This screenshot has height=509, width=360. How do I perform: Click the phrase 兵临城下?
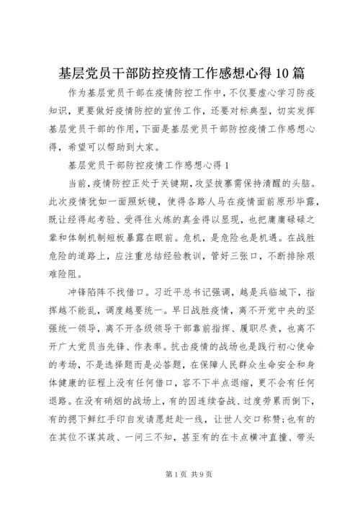click(x=284, y=274)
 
